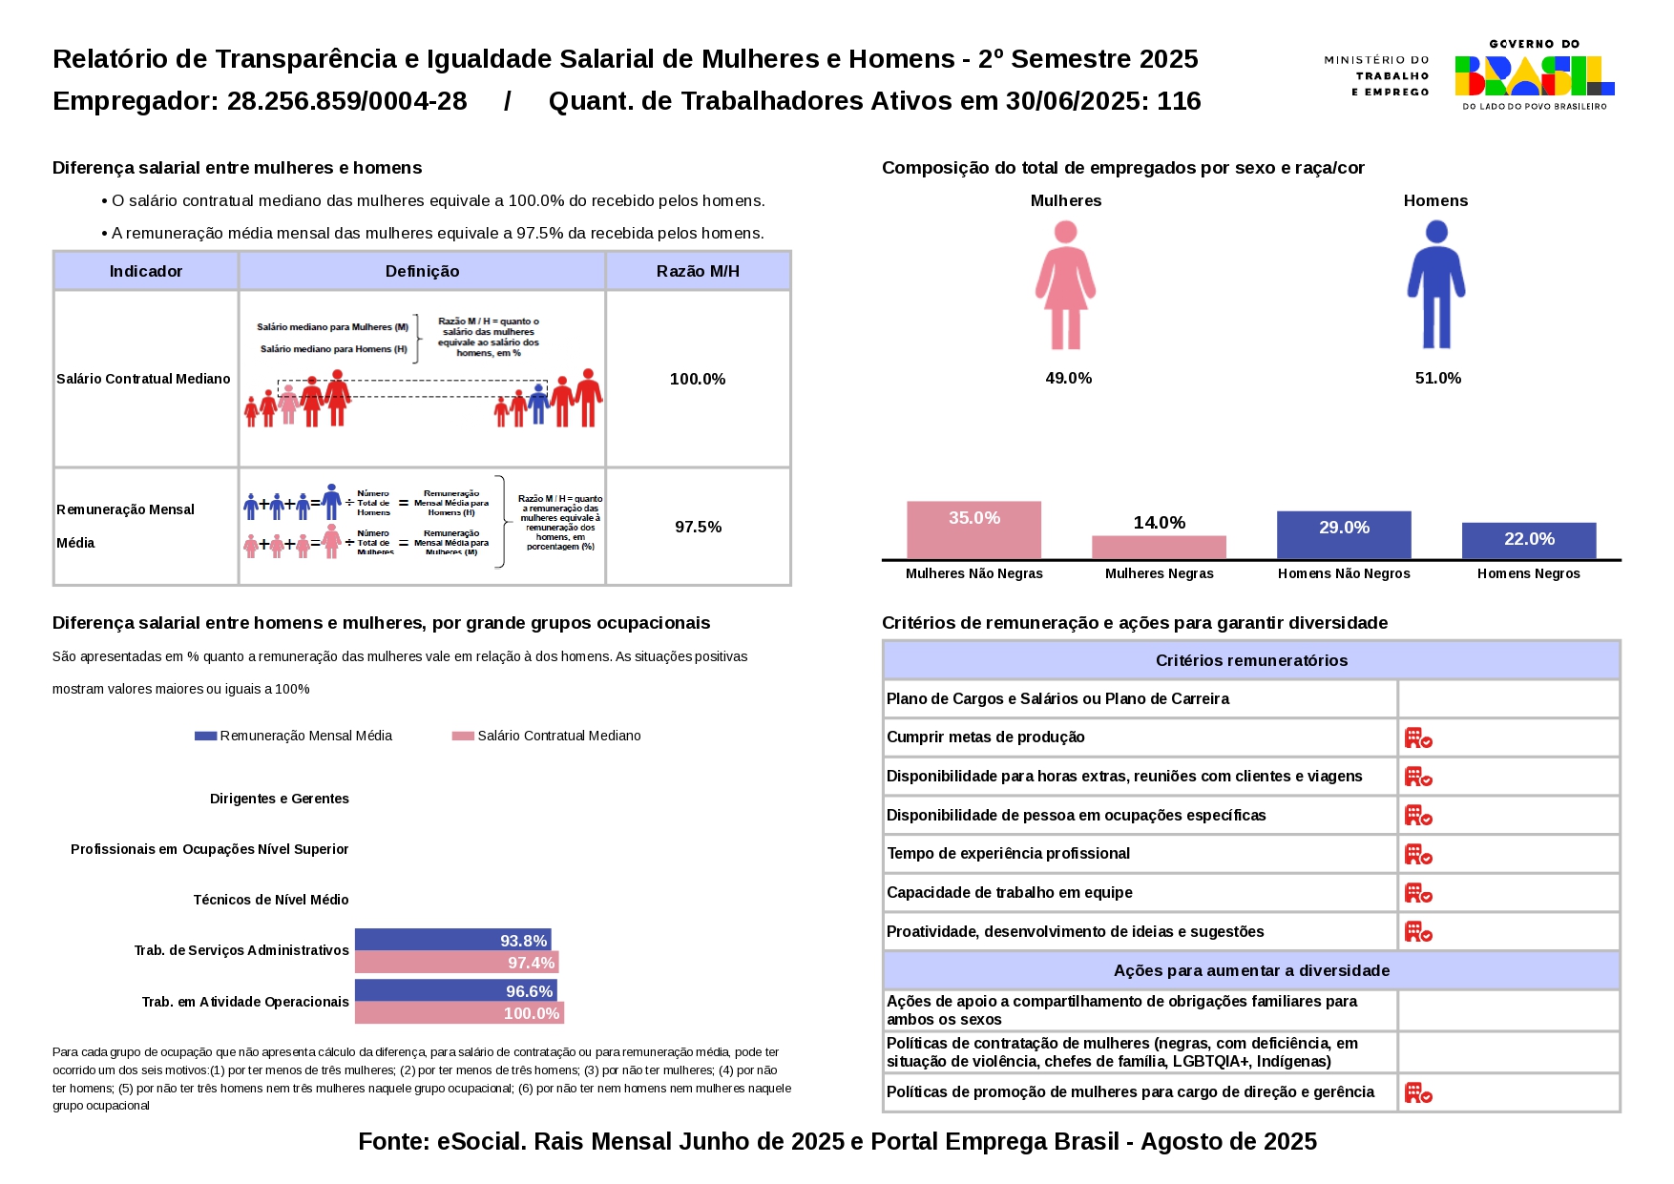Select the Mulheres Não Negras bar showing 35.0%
pos(973,530)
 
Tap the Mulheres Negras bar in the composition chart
pos(1159,548)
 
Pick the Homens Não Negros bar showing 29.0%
pos(1344,535)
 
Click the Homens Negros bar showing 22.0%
pos(1528,541)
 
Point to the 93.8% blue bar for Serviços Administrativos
pos(452,940)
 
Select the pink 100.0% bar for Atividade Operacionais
pos(459,1013)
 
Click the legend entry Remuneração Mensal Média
pos(294,736)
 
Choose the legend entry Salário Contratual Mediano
pos(547,736)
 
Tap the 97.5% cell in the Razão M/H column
pos(698,527)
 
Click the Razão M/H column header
pos(698,271)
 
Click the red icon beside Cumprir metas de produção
pos(1418,737)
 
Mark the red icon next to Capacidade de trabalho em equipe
pos(1418,893)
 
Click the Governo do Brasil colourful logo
pos(1534,75)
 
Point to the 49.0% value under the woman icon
pos(1068,379)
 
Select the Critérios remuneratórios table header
pos(1251,660)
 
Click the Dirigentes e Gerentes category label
pos(280,799)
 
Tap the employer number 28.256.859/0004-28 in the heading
pos(346,101)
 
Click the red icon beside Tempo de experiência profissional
pos(1418,854)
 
